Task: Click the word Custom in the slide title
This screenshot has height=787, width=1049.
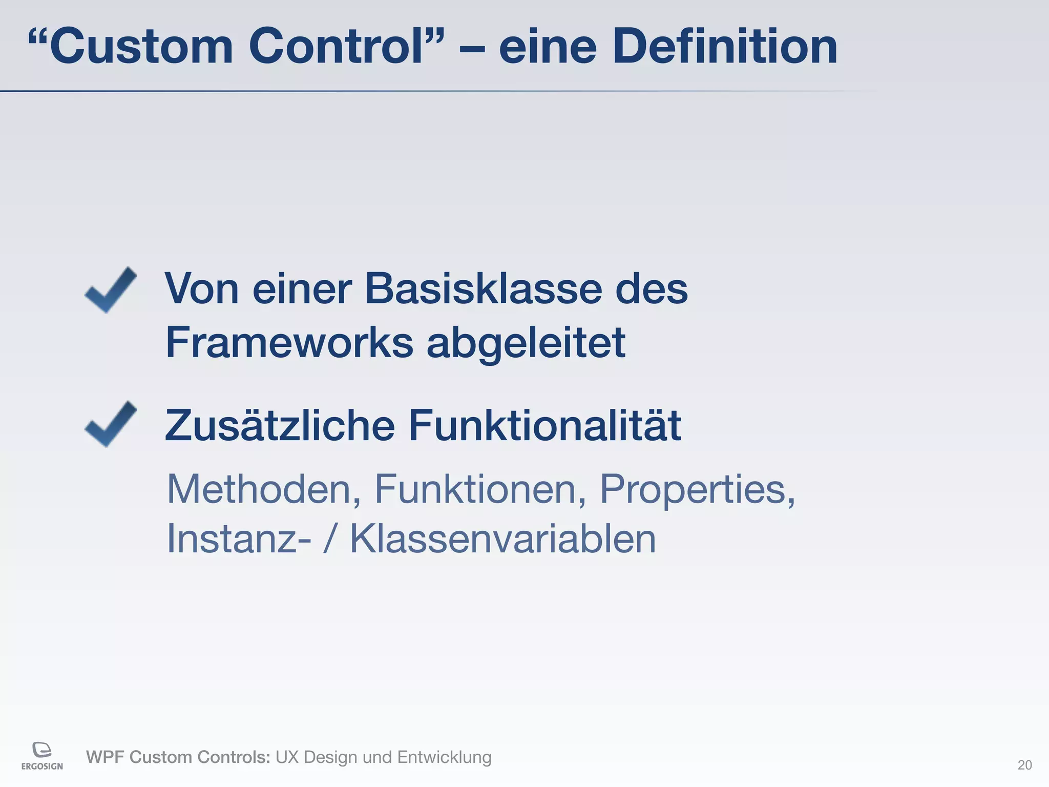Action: click(141, 47)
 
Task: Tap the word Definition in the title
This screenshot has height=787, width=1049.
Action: click(725, 47)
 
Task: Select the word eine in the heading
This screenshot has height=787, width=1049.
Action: click(548, 47)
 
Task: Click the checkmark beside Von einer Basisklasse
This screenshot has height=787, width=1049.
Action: click(111, 290)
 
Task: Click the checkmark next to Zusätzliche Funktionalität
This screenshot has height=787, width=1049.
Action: click(111, 424)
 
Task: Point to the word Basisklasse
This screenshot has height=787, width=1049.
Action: click(483, 289)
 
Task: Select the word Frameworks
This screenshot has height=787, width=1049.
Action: click(289, 342)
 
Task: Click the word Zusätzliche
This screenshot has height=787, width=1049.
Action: click(280, 425)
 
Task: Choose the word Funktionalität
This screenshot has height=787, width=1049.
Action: click(544, 425)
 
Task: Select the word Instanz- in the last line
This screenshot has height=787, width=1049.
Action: click(239, 539)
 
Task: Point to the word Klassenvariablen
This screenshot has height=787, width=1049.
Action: click(502, 539)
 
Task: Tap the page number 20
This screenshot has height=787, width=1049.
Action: click(1024, 765)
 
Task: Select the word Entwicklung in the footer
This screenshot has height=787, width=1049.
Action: click(444, 757)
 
